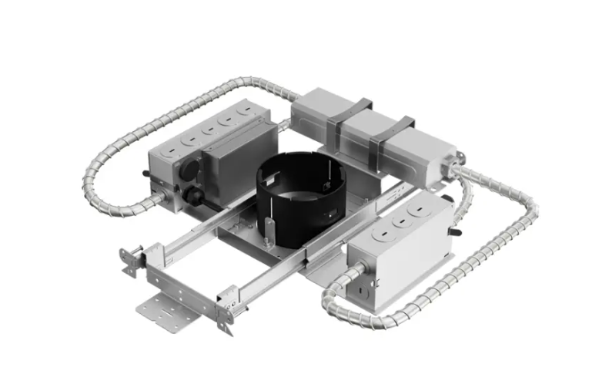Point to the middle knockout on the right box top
[x=400, y=219]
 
